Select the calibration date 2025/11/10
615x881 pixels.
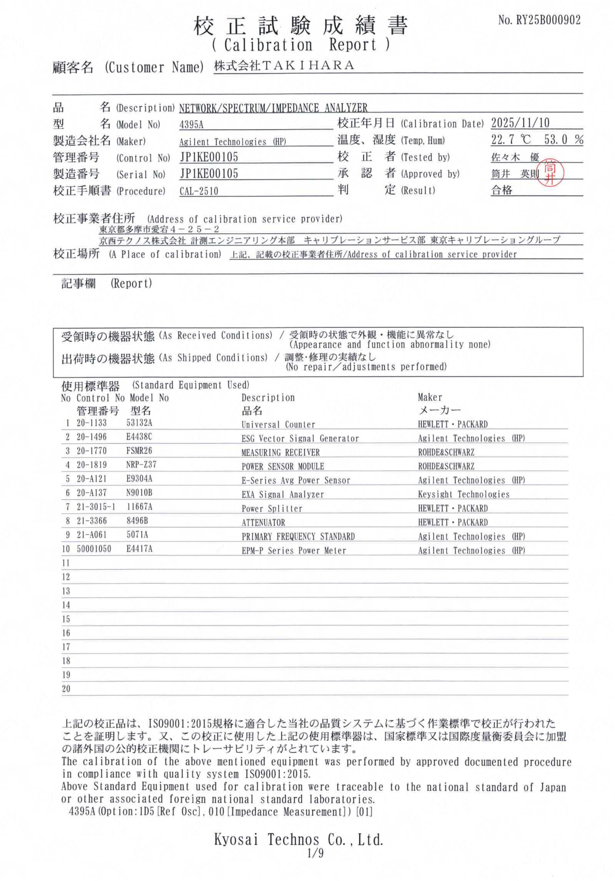click(520, 123)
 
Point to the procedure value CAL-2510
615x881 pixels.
click(199, 191)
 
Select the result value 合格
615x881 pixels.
click(501, 190)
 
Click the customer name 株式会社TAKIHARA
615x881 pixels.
click(284, 66)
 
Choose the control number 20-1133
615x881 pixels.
click(92, 423)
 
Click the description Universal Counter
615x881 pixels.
click(278, 424)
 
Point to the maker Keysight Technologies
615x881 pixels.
click(464, 494)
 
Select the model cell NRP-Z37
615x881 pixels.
click(141, 464)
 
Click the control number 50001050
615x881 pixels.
click(94, 549)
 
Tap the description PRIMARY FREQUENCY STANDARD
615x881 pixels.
click(298, 537)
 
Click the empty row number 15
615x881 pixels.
click(66, 619)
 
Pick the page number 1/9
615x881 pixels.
click(315, 864)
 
